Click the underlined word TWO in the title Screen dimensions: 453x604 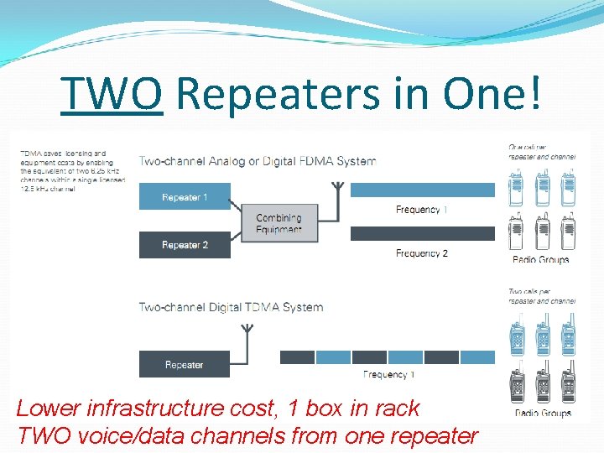point(112,94)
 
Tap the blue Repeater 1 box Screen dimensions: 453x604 point(184,197)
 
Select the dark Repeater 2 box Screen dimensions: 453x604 point(184,245)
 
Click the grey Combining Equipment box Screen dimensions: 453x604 point(279,223)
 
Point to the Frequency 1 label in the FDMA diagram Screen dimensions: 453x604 point(421,210)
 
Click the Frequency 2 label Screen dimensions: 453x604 point(421,253)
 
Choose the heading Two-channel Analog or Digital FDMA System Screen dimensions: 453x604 point(257,161)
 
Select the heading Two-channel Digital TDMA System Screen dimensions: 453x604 point(231,307)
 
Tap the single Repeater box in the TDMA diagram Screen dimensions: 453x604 point(184,365)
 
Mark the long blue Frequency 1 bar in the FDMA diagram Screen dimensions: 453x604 point(422,190)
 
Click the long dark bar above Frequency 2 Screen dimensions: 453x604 point(422,234)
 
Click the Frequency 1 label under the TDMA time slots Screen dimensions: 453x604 point(388,375)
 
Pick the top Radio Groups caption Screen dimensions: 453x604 point(541,259)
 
